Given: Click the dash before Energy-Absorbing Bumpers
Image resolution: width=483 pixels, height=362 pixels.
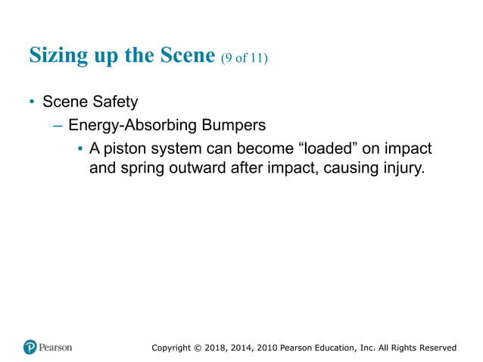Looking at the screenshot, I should click(57, 124).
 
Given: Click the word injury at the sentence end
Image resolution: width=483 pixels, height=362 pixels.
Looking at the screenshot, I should click(401, 167).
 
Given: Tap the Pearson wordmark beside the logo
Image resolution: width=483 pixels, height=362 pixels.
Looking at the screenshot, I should click(56, 348).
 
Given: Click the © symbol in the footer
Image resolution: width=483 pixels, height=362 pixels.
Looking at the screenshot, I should click(198, 348).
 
